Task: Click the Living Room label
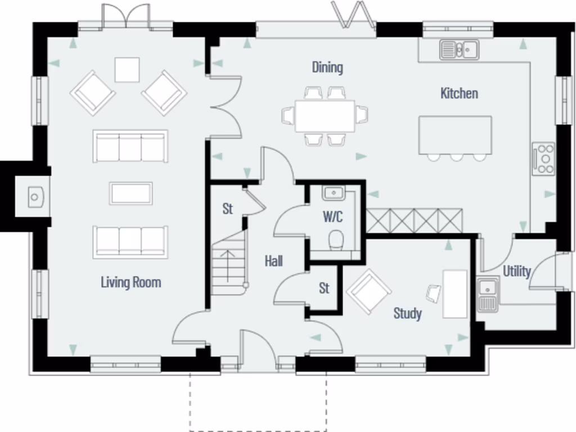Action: [130, 282]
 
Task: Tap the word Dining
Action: [327, 67]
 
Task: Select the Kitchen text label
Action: [459, 93]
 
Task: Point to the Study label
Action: [407, 313]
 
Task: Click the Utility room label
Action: [516, 271]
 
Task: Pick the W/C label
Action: [332, 217]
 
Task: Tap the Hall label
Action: [273, 261]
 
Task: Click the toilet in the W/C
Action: [336, 239]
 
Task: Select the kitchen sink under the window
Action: [459, 50]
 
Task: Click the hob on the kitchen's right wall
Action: [543, 158]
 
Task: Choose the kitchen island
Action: [454, 135]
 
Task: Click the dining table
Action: [325, 116]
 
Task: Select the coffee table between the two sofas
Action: [130, 193]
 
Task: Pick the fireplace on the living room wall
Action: [34, 197]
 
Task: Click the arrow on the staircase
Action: [228, 264]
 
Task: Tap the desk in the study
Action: [455, 294]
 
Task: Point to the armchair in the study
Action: [368, 291]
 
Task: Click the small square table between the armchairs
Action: [127, 70]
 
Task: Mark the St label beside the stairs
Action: [227, 209]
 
